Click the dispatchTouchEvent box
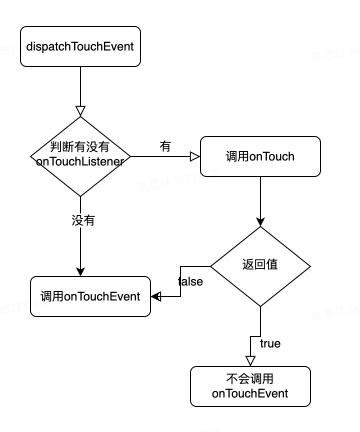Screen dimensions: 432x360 point(80,46)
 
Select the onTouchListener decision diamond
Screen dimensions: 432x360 point(80,156)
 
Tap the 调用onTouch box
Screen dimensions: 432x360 point(260,156)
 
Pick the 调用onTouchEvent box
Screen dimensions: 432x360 point(90,296)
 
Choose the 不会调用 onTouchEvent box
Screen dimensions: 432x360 point(250,386)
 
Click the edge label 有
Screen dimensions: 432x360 point(165,146)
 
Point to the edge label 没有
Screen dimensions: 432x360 point(83,220)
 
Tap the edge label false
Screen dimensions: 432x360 point(190,281)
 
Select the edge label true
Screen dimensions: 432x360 point(270,343)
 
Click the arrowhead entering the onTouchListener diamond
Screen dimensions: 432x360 point(80,111)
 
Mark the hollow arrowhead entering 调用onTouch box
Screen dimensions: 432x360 point(195,156)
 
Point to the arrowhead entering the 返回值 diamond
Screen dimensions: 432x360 point(260,222)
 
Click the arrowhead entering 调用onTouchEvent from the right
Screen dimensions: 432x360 point(155,296)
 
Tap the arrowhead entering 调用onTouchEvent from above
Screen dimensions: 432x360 point(80,271)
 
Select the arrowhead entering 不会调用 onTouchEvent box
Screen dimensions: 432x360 point(250,361)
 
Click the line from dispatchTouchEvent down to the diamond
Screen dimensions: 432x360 point(80,85)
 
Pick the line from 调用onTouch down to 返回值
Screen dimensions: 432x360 point(260,197)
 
